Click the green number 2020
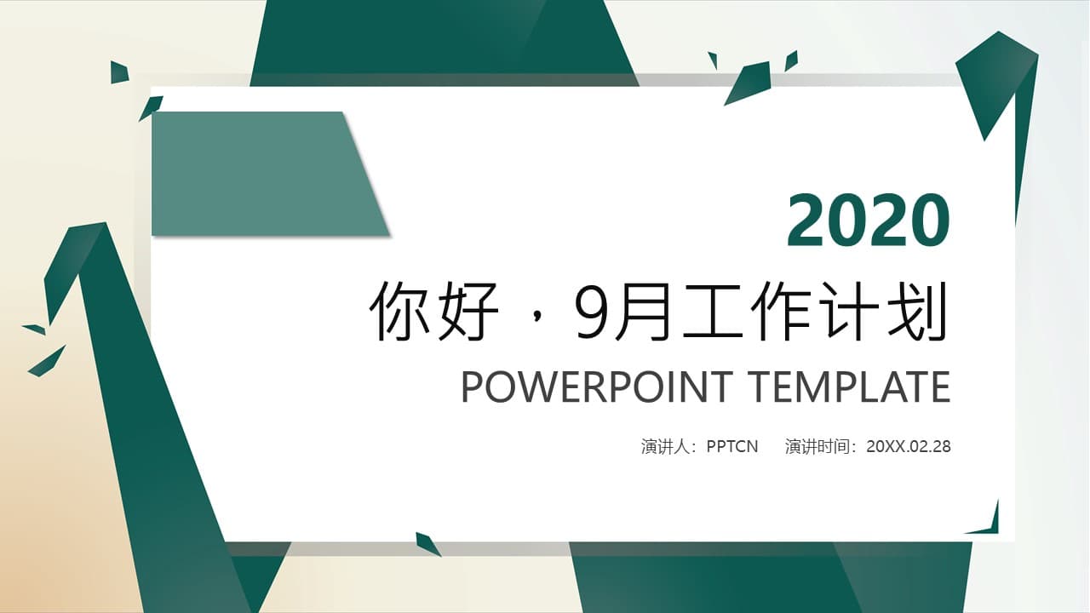[868, 221]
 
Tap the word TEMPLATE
[850, 387]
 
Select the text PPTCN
[732, 446]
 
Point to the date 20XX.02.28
[908, 446]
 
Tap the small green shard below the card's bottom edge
[427, 543]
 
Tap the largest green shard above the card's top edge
[750, 82]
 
